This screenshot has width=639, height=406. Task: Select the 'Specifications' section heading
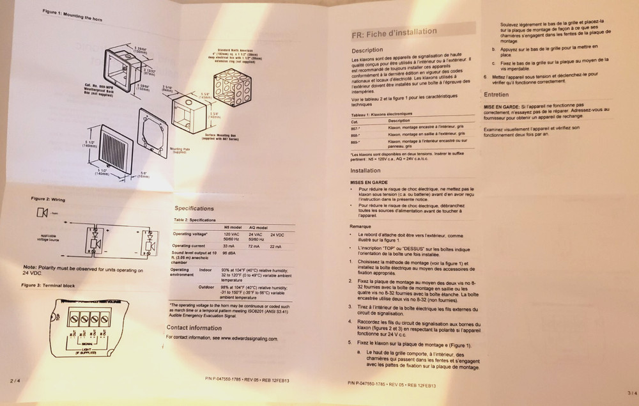click(194, 208)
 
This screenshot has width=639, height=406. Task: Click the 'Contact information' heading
click(194, 328)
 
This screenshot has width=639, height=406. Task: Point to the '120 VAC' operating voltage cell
click(232, 234)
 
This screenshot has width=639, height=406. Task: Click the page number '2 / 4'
click(15, 380)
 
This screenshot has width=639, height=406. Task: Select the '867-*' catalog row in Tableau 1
click(357, 127)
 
